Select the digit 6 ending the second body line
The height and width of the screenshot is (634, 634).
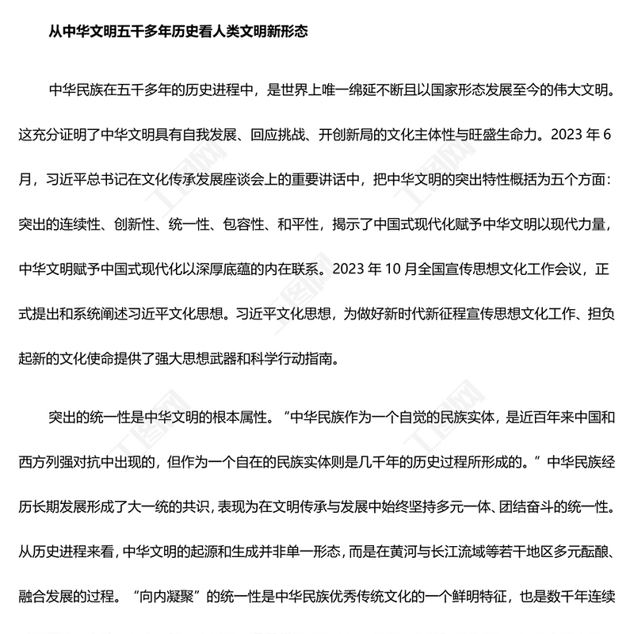[x=609, y=134]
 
